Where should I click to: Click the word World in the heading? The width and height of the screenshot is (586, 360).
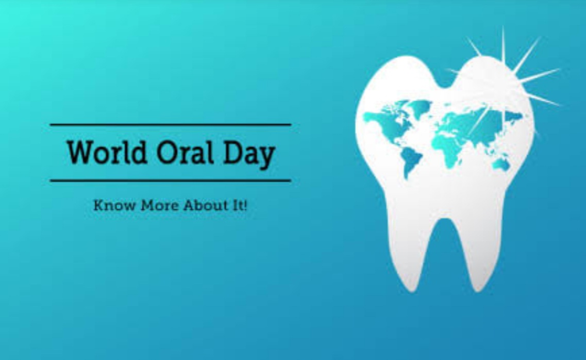(107, 152)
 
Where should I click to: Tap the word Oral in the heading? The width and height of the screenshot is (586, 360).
(185, 152)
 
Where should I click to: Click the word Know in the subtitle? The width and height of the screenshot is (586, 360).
(114, 205)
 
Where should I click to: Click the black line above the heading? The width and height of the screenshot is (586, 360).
(171, 124)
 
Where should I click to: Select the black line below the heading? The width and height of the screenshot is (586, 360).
(171, 181)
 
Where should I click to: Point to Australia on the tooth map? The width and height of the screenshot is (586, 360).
(501, 163)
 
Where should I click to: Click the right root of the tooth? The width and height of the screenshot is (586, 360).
(478, 251)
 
